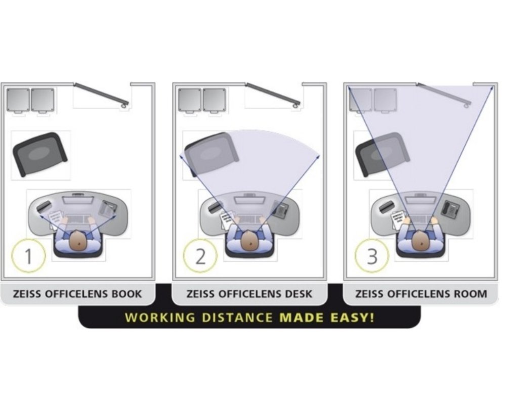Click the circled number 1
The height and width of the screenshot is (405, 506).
[x=28, y=256]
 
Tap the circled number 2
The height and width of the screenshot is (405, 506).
[x=200, y=256]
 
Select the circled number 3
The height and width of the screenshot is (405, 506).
[x=372, y=256]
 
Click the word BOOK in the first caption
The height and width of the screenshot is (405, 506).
[x=126, y=294]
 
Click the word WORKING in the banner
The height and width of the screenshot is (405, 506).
[x=160, y=317]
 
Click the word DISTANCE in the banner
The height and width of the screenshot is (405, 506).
[x=237, y=317]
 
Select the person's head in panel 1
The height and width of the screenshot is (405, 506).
[x=78, y=240]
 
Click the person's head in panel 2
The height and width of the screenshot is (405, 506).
[x=250, y=240]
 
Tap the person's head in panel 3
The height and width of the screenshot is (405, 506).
[x=421, y=240]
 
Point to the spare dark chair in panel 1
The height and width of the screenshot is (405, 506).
[x=39, y=154]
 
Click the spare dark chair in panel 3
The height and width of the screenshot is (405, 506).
[x=383, y=154]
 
